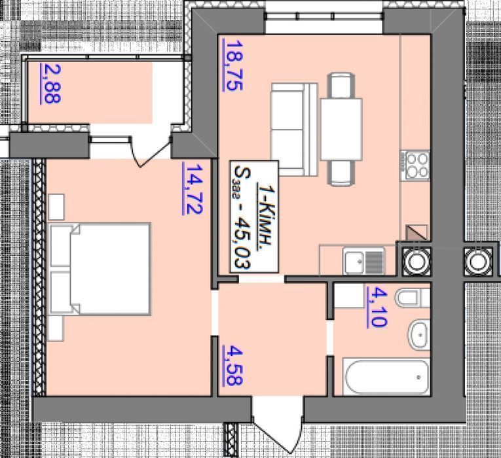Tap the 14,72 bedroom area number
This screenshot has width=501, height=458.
tap(193, 188)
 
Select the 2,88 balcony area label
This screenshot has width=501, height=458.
tap(50, 84)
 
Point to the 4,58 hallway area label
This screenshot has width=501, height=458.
tap(233, 366)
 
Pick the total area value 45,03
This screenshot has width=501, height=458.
tap(242, 242)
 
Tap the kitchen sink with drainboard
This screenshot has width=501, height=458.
tap(363, 262)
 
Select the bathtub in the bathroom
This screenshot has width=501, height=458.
tap(386, 378)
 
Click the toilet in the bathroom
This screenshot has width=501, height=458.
tap(413, 298)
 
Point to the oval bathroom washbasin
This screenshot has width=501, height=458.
tap(418, 335)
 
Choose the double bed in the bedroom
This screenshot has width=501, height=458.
tap(99, 269)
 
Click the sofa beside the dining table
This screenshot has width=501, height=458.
tap(294, 130)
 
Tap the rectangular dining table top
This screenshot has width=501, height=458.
tap(341, 130)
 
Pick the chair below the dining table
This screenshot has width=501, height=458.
tap(343, 173)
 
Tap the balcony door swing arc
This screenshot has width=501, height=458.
tap(150, 152)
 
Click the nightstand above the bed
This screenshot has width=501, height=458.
tap(56, 207)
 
